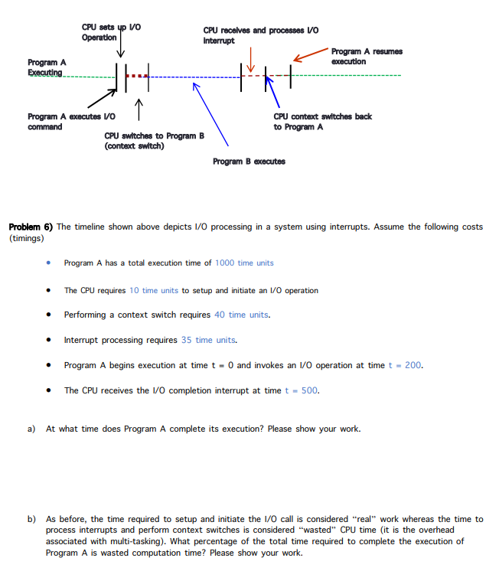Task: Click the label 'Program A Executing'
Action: [47, 67]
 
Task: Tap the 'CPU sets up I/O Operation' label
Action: [110, 32]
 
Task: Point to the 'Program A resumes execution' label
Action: [366, 56]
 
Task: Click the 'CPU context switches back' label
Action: [322, 121]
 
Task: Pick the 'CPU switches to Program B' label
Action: [154, 140]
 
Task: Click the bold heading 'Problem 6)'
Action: [30, 227]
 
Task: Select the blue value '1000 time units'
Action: [244, 263]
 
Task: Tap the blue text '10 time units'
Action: [154, 290]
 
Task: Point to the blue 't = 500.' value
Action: [302, 390]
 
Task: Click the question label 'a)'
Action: [32, 429]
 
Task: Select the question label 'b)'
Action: [32, 519]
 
